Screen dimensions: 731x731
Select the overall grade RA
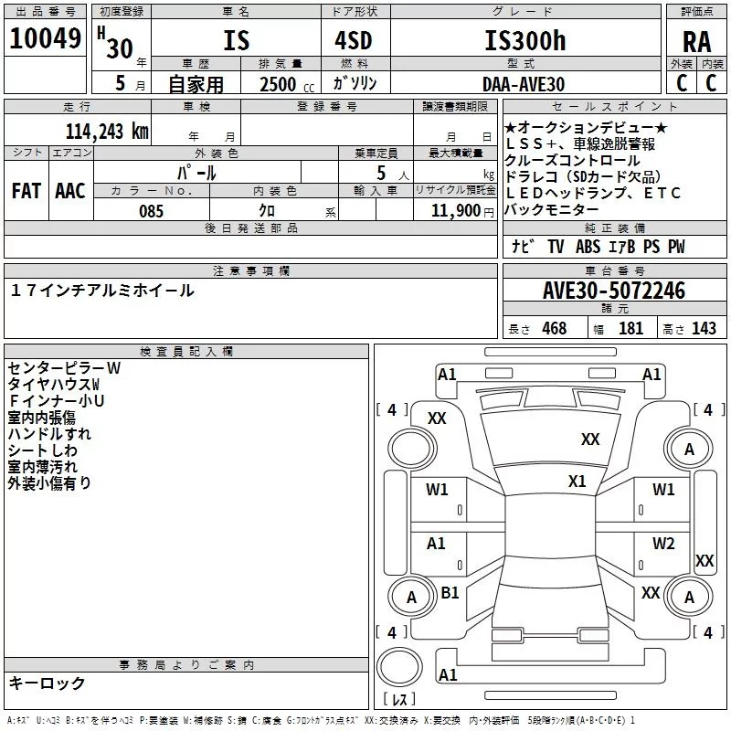pyautogui.click(x=696, y=42)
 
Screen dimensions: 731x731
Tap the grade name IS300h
pyautogui.click(x=524, y=41)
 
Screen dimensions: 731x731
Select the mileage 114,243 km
pyautogui.click(x=106, y=131)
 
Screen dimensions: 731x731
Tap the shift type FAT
pyautogui.click(x=26, y=190)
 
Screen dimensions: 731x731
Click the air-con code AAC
pyautogui.click(x=69, y=190)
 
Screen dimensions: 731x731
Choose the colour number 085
pyautogui.click(x=151, y=211)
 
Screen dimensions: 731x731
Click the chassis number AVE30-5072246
pyautogui.click(x=613, y=291)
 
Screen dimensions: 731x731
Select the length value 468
pyautogui.click(x=553, y=328)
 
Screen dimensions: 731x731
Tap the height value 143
pyautogui.click(x=704, y=328)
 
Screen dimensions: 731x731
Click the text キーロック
pyautogui.click(x=47, y=683)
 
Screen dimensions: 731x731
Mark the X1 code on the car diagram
pyautogui.click(x=577, y=481)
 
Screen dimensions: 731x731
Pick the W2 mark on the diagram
pyautogui.click(x=663, y=543)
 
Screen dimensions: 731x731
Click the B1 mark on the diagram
pyautogui.click(x=450, y=592)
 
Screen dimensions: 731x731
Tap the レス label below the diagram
pyautogui.click(x=398, y=700)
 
